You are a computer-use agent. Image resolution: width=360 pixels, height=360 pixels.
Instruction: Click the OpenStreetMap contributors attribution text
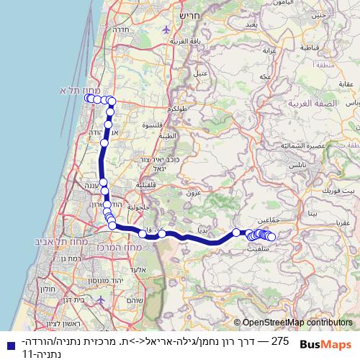coord(297,323)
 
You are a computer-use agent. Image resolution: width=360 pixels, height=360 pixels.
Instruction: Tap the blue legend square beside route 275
coord(7,343)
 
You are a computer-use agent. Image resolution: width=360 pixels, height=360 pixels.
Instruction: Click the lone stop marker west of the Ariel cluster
coord(236,232)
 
